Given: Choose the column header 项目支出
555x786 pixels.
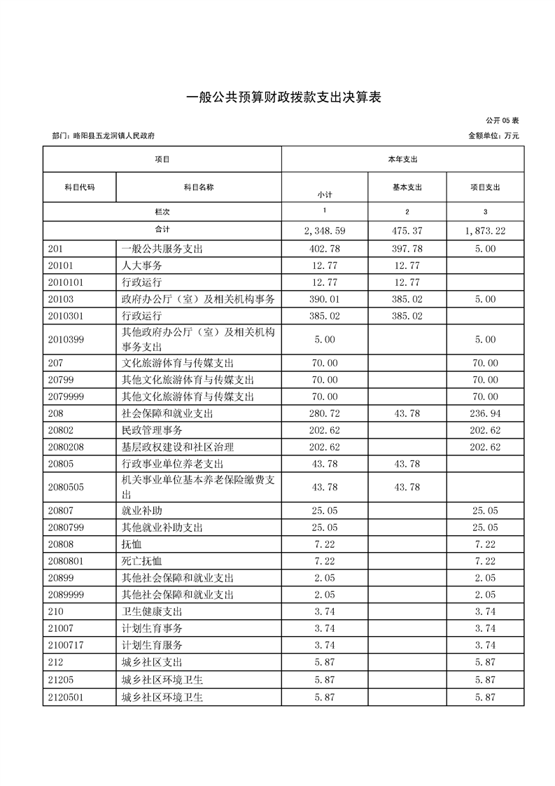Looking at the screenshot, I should pos(485,188).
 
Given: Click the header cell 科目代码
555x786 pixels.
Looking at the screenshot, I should pos(79,188).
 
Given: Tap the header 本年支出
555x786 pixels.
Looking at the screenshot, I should pos(402,160).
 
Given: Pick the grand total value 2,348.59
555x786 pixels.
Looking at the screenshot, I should pos(324,230).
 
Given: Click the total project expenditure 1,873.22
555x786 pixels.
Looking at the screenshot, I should pos(485,230).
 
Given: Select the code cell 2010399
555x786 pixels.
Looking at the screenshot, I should pos(67,339).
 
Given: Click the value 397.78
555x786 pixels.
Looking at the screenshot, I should pos(406,249).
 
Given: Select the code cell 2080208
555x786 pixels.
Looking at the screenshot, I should pos(67,446).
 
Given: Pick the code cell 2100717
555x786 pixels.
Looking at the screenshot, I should pos(67,645).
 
